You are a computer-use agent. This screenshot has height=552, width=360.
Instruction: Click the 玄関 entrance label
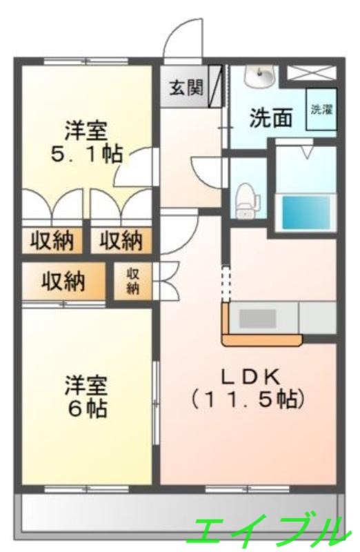(x=186, y=88)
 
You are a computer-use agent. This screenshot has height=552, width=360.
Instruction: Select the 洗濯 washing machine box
(x=321, y=109)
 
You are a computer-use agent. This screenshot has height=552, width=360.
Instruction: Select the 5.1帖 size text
(x=86, y=154)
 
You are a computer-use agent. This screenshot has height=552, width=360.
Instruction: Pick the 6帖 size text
(x=87, y=408)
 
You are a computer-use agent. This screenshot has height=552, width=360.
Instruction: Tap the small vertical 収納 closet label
(x=133, y=281)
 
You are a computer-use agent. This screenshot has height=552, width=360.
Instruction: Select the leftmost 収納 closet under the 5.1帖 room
(x=52, y=241)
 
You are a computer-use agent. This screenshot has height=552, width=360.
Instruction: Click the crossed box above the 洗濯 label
(x=311, y=74)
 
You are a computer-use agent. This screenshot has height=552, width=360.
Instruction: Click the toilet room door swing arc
(x=207, y=170)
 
